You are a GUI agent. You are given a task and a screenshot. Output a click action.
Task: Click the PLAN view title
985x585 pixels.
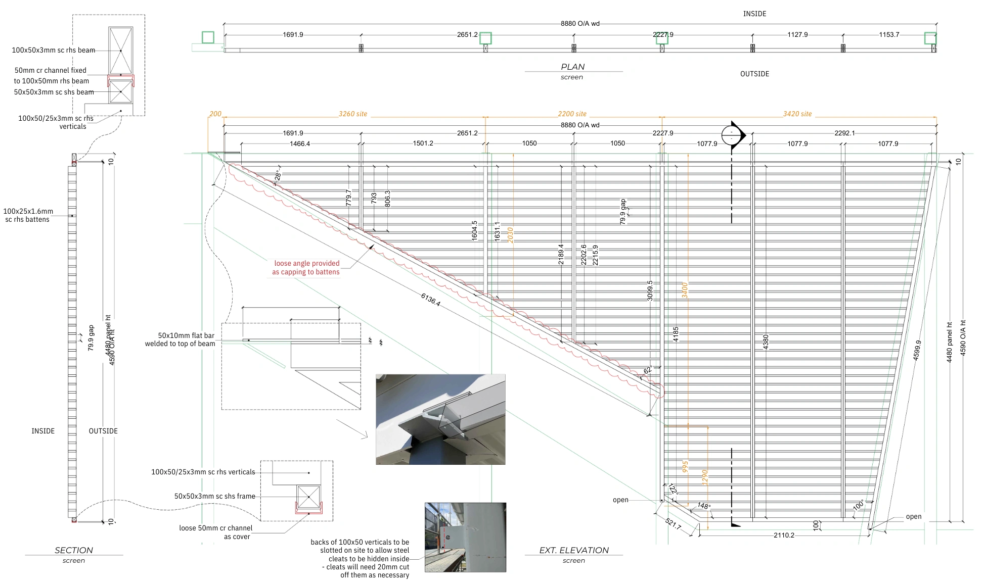[572, 67]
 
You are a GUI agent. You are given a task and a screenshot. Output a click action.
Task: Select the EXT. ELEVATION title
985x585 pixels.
[574, 550]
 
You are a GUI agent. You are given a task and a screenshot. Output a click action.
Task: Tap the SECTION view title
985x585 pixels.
[74, 550]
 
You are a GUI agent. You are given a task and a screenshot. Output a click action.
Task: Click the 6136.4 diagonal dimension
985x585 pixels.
[430, 300]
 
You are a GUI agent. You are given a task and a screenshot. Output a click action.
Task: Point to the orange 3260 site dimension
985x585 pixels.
[353, 114]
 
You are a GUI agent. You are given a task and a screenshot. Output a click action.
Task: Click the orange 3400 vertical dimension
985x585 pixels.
[685, 290]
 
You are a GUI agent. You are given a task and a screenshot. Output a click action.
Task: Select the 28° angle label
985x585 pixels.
[277, 175]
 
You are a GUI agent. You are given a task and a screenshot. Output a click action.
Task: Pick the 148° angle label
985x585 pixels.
[704, 506]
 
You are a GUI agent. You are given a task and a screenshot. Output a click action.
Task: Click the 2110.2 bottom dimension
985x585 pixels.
[784, 535]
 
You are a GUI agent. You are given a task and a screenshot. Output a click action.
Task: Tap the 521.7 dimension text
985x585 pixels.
[673, 524]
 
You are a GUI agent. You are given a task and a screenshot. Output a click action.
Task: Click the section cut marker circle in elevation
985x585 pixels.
[732, 135]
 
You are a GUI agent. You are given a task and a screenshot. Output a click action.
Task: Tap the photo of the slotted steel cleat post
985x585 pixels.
[465, 537]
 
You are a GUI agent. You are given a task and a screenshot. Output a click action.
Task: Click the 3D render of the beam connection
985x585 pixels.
[440, 419]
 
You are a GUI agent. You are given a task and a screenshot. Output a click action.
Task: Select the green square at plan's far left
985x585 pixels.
[208, 37]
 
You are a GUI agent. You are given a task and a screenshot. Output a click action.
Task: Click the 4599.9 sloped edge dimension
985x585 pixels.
[917, 350]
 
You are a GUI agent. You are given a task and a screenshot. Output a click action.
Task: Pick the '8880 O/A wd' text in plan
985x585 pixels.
[580, 24]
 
